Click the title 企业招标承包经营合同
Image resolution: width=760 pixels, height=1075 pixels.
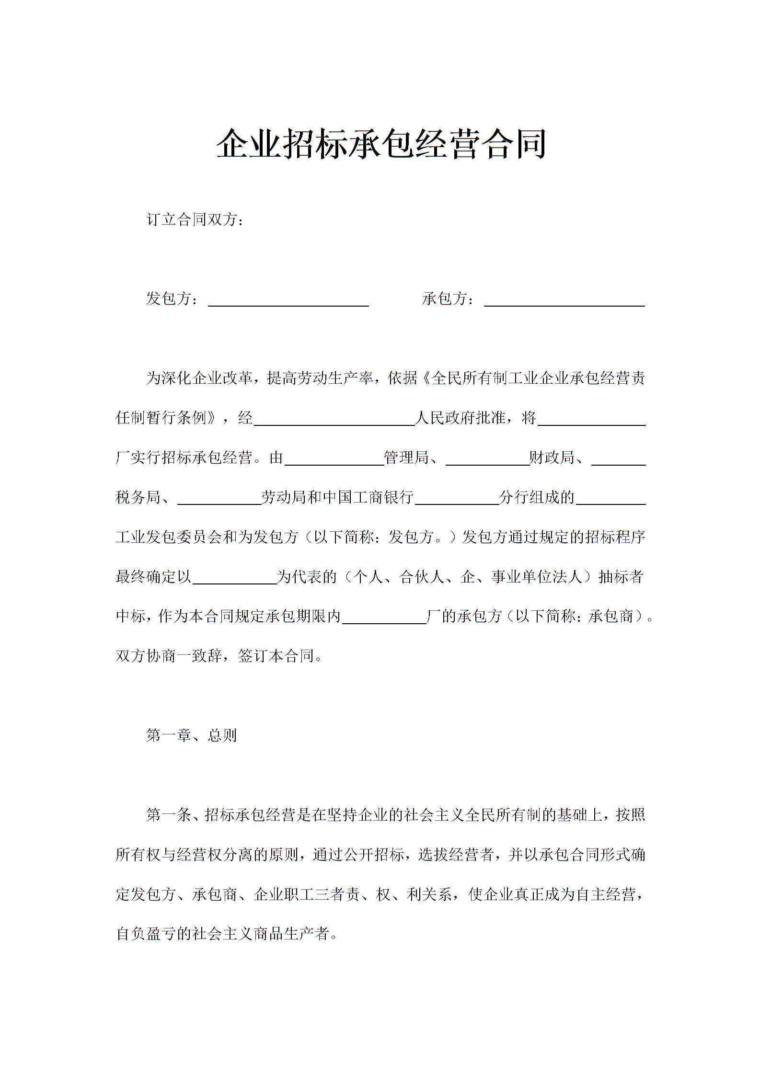[x=380, y=144]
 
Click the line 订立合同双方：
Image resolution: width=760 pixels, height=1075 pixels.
[x=196, y=220]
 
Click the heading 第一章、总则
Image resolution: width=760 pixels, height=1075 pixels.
[x=192, y=735]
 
